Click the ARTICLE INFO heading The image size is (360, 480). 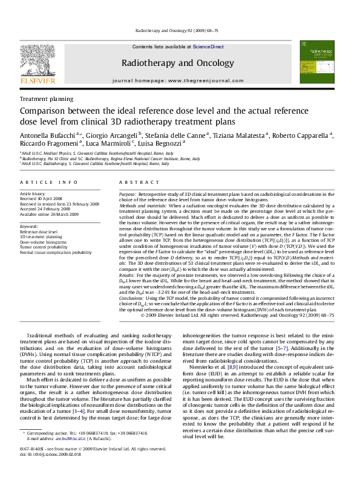41,182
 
